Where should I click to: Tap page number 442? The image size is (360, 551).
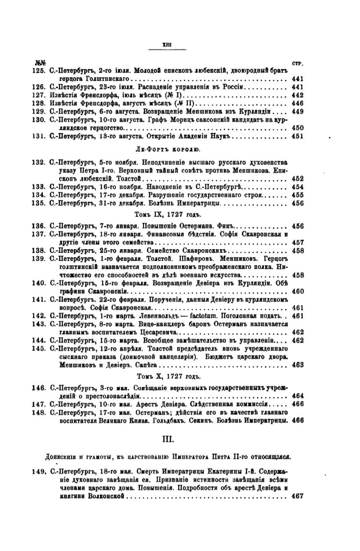point(297,95)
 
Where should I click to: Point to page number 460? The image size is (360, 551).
point(297,291)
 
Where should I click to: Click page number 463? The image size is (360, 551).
point(297,364)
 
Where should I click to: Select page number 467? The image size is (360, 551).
point(297,496)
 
